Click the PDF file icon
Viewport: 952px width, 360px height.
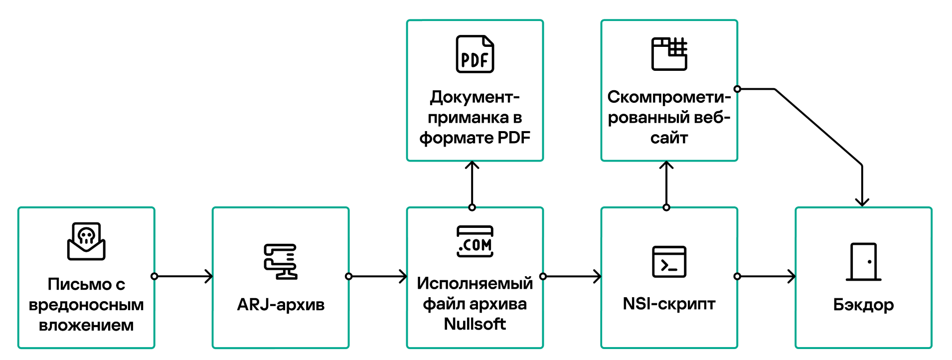[x=475, y=54]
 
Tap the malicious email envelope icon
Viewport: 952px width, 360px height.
[x=86, y=241]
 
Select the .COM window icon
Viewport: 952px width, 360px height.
[x=475, y=241]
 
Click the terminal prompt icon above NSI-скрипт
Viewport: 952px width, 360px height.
[x=669, y=261]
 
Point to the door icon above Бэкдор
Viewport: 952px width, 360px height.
[x=864, y=262]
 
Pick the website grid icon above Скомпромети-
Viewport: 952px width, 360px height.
[x=669, y=54]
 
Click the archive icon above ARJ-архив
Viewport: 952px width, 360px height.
[x=281, y=261]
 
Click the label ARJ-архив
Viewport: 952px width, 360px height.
[x=281, y=304]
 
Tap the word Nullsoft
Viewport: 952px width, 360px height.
[x=475, y=324]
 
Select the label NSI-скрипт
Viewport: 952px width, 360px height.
[x=669, y=304]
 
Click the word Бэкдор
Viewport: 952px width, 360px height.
[x=864, y=305]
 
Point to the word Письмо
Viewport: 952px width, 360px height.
[x=80, y=284]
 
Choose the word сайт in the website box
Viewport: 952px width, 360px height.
[x=669, y=138]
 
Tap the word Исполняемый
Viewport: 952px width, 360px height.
[x=475, y=283]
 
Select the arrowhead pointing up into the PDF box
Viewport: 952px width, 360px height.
[x=472, y=165]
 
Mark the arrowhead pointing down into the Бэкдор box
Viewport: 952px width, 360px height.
[x=862, y=202]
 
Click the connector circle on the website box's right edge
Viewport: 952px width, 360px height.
[x=737, y=89]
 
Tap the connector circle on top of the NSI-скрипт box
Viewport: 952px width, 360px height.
[x=666, y=207]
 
